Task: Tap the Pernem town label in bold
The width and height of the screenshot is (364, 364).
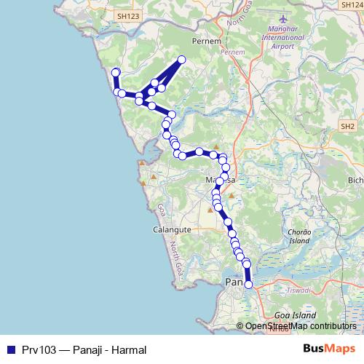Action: coord(202,41)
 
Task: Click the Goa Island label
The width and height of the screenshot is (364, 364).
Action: coord(297,314)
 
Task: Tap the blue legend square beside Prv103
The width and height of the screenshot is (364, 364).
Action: coord(9,349)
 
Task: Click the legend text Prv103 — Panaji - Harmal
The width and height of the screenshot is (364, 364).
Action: coord(84,349)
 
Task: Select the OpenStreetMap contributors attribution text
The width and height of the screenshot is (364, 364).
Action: coord(300,327)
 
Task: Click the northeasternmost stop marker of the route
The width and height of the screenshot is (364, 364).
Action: coord(182,60)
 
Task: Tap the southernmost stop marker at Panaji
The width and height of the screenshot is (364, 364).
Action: coord(248,285)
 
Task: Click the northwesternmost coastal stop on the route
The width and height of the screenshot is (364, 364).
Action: coord(115,71)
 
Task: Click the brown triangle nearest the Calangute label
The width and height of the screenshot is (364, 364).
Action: coord(210,210)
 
